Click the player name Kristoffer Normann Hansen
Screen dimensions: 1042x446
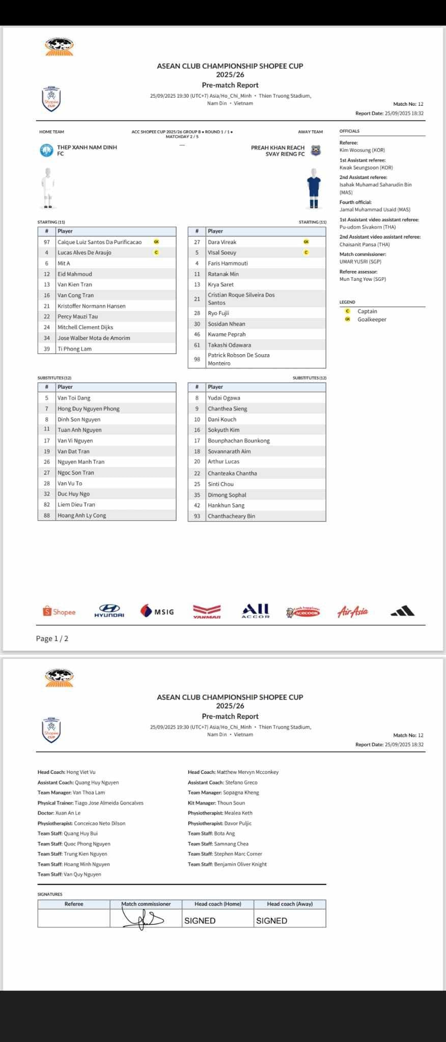click(91, 306)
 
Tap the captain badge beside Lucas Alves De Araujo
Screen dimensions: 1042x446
click(156, 252)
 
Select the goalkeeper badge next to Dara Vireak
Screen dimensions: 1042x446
click(306, 242)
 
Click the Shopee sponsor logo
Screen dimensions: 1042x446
click(60, 612)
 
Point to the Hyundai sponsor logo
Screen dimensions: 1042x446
click(109, 611)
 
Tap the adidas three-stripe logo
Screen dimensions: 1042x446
click(402, 611)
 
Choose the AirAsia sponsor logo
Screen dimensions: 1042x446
click(352, 611)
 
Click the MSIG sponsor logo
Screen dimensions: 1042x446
click(157, 611)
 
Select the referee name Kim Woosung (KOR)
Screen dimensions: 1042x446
click(362, 150)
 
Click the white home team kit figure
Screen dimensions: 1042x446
click(48, 188)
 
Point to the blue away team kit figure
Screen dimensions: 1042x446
click(314, 188)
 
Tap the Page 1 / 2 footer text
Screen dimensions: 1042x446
click(52, 639)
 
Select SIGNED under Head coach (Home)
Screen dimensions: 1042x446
click(200, 920)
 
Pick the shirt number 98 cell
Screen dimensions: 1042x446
click(197, 359)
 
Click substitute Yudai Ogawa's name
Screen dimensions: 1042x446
click(224, 398)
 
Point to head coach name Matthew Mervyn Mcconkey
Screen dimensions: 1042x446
click(247, 772)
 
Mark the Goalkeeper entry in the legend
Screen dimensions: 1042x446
click(372, 320)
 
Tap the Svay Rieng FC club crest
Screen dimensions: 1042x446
click(316, 151)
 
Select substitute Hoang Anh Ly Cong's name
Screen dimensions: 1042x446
click(81, 515)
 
